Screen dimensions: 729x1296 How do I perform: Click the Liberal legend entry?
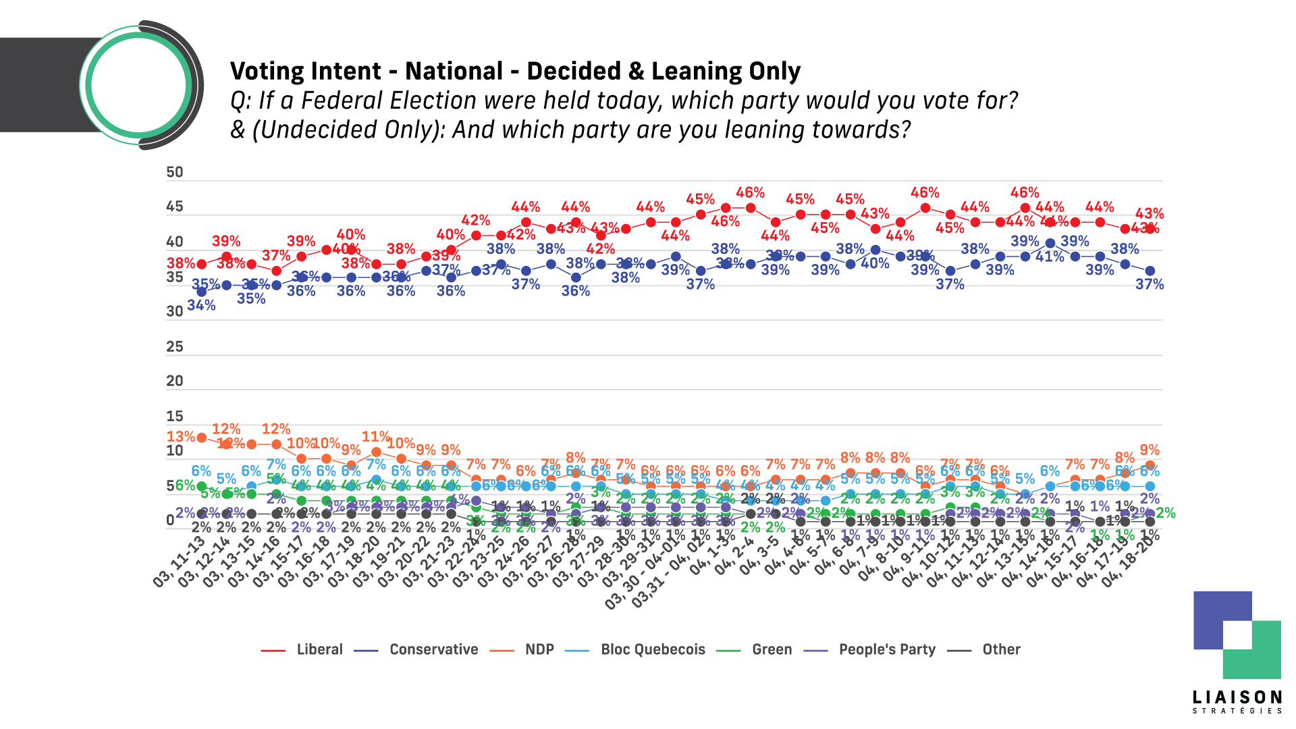click(x=319, y=649)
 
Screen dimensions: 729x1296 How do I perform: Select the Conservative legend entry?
click(x=433, y=649)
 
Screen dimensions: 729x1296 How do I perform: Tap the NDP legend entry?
click(x=539, y=649)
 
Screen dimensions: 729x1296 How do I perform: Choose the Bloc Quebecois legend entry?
click(x=653, y=649)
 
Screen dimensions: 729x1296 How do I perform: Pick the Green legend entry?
click(x=772, y=649)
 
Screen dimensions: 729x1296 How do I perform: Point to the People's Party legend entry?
click(x=887, y=649)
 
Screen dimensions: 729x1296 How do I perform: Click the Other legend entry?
click(x=1001, y=649)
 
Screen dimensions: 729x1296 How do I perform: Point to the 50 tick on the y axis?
click(x=175, y=172)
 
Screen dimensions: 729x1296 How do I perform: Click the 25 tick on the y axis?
click(x=175, y=347)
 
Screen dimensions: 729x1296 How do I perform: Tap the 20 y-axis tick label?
click(x=175, y=381)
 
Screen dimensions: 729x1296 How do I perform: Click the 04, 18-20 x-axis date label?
click(x=1128, y=562)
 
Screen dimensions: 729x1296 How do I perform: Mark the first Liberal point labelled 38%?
click(x=201, y=264)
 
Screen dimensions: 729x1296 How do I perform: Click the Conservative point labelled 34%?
click(x=201, y=292)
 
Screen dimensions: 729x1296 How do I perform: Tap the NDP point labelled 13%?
click(x=201, y=437)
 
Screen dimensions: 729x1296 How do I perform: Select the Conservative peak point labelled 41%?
click(x=1050, y=243)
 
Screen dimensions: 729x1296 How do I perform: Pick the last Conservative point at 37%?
click(x=1150, y=271)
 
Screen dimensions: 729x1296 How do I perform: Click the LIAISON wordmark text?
click(x=1237, y=697)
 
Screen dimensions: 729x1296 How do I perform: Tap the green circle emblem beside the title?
click(x=138, y=86)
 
